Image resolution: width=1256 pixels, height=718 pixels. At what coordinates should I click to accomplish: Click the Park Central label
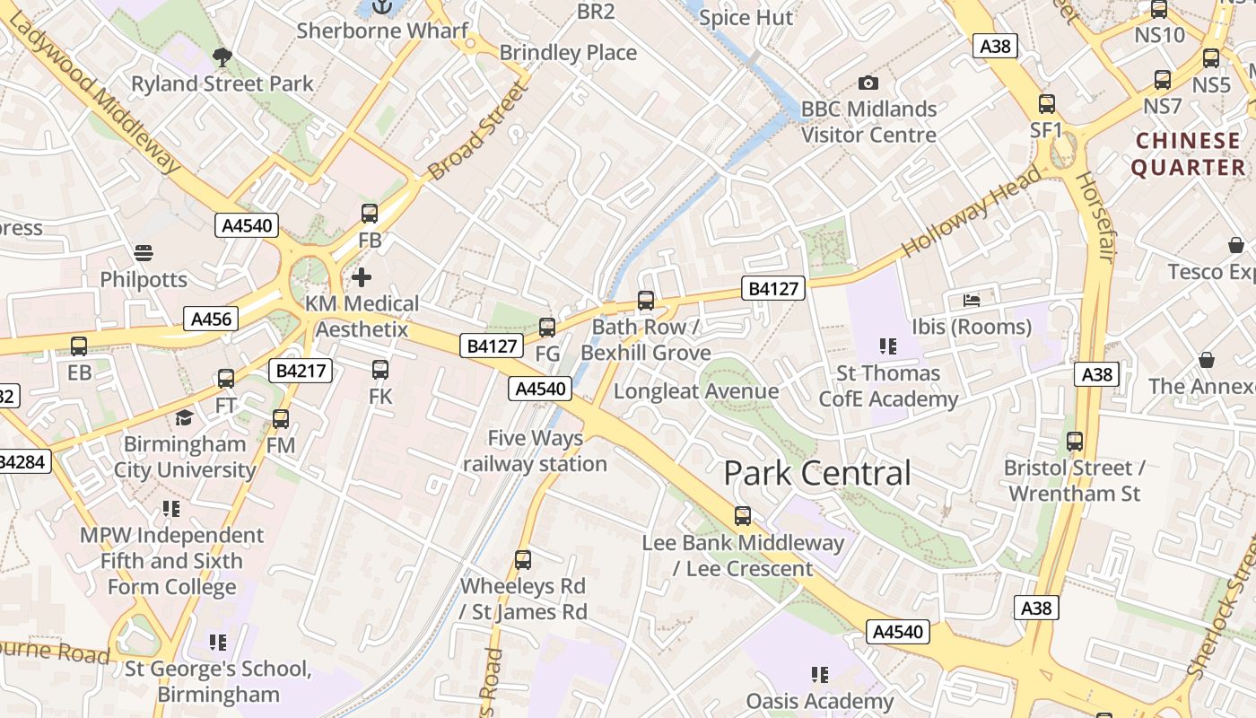(816, 473)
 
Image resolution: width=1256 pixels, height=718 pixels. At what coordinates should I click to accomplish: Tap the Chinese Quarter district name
(1188, 154)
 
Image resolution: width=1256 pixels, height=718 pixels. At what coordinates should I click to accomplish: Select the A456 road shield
(212, 319)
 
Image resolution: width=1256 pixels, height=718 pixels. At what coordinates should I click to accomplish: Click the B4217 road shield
(301, 371)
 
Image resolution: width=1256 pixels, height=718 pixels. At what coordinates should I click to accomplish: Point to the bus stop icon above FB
(370, 214)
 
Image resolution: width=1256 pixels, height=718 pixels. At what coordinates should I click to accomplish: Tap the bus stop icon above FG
(547, 328)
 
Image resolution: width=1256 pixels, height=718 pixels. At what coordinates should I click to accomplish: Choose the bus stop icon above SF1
(1046, 104)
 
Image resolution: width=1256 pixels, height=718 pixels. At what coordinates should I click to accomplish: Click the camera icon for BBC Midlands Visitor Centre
(868, 83)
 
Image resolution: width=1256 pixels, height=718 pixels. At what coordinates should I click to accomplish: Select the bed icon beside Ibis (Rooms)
(972, 300)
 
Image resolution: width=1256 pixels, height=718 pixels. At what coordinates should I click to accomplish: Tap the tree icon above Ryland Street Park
(222, 58)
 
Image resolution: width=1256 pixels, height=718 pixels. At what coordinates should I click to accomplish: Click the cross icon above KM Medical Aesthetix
(362, 277)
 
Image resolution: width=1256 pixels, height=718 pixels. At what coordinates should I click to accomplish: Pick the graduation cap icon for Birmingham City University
(184, 417)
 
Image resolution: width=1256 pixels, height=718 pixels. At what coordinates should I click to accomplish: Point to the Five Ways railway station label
(535, 451)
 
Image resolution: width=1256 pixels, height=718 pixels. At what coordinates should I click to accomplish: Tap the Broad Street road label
(475, 131)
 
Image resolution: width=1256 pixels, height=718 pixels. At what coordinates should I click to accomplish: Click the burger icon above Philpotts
(144, 252)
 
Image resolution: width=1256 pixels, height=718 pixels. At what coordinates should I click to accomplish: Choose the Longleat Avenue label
(695, 391)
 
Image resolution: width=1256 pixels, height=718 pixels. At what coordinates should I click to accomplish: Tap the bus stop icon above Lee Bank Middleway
(743, 516)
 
